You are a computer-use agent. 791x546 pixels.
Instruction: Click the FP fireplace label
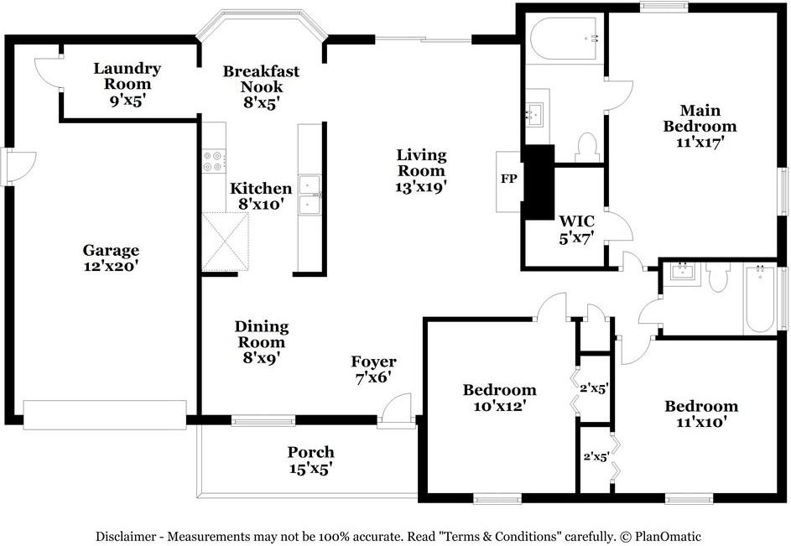tap(508, 179)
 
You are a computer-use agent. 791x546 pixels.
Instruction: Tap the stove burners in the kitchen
tap(214, 161)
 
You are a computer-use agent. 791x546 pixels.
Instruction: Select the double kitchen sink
tap(310, 195)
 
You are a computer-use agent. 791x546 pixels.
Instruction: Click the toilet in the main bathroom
tap(586, 147)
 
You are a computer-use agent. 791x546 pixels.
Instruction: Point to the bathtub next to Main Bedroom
tap(565, 39)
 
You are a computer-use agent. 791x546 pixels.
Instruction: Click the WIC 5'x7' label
tap(576, 229)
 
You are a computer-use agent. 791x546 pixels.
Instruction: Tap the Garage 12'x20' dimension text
tap(111, 266)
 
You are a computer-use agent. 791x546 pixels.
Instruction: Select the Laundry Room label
tap(127, 76)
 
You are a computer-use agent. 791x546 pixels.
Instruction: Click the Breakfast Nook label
tap(262, 79)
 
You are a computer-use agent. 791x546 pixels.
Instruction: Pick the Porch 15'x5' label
tap(310, 460)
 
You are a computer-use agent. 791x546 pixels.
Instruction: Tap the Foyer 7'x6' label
tap(374, 369)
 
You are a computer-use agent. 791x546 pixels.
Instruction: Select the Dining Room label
tap(262, 334)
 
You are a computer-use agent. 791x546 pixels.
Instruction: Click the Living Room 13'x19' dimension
tap(422, 187)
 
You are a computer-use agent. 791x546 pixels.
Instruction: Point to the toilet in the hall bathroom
tap(717, 277)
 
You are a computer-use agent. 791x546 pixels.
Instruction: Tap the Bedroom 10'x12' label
tap(499, 398)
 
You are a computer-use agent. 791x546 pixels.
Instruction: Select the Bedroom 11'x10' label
tap(701, 413)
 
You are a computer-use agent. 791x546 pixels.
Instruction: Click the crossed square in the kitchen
tap(226, 242)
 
